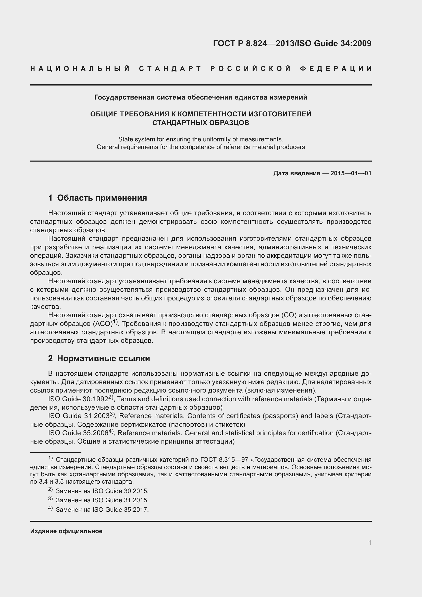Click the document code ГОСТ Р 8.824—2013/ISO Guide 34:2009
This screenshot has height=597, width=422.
tap(292, 43)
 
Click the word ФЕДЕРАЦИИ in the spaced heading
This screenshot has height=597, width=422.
tap(336, 69)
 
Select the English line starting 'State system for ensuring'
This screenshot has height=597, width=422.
tap(200, 139)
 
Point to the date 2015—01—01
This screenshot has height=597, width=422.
tap(351, 173)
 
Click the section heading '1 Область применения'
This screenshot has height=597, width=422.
tap(97, 198)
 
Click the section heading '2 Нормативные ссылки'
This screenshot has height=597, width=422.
tap(99, 359)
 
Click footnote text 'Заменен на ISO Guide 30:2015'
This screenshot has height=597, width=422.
tap(102, 491)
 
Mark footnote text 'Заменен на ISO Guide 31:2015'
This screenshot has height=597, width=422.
tap(102, 500)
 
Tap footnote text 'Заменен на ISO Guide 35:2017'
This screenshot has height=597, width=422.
tap(102, 510)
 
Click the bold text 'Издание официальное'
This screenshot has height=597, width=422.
tap(66, 531)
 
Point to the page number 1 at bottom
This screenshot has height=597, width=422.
tap(369, 543)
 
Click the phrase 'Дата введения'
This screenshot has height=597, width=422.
tap(296, 173)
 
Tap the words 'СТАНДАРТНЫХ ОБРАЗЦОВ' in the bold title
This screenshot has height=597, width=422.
tap(200, 123)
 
